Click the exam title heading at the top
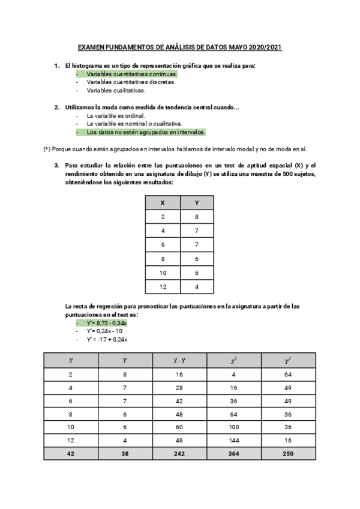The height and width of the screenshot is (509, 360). click(x=180, y=46)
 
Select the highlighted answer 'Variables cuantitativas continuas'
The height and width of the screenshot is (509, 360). click(x=131, y=73)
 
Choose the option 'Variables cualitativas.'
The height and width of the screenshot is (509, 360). click(x=116, y=90)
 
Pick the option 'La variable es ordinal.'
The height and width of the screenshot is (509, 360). click(x=116, y=115)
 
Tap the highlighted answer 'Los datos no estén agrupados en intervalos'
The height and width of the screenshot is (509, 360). click(x=146, y=132)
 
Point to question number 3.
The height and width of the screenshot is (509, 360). click(x=56, y=165)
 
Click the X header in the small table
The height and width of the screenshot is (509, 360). click(x=163, y=203)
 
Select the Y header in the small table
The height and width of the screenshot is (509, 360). click(x=197, y=203)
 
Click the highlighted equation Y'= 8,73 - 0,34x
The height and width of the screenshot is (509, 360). click(x=107, y=322)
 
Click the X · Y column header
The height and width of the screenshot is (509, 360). click(x=179, y=361)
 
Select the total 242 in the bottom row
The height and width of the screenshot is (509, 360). click(x=179, y=454)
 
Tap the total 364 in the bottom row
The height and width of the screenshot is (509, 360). click(x=234, y=454)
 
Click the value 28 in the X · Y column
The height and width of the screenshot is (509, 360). click(x=179, y=388)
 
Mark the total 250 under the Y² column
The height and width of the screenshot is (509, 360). click(x=288, y=454)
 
